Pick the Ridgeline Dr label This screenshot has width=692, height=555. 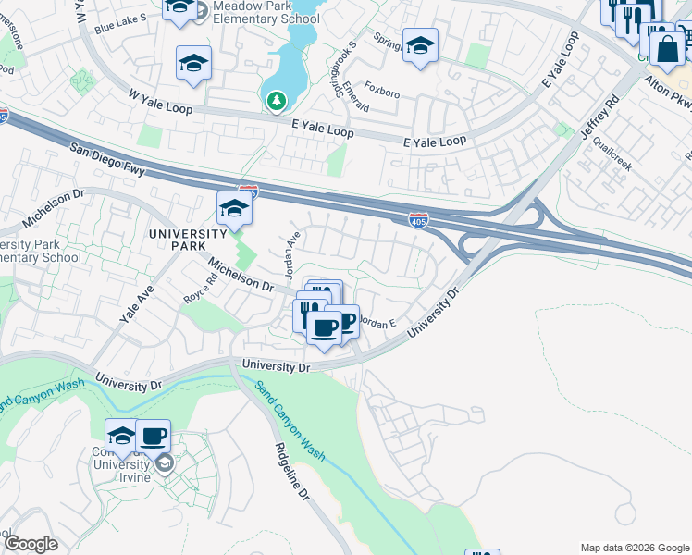[290, 472]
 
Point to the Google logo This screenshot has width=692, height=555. [31, 544]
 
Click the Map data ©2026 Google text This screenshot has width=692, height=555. [635, 548]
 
